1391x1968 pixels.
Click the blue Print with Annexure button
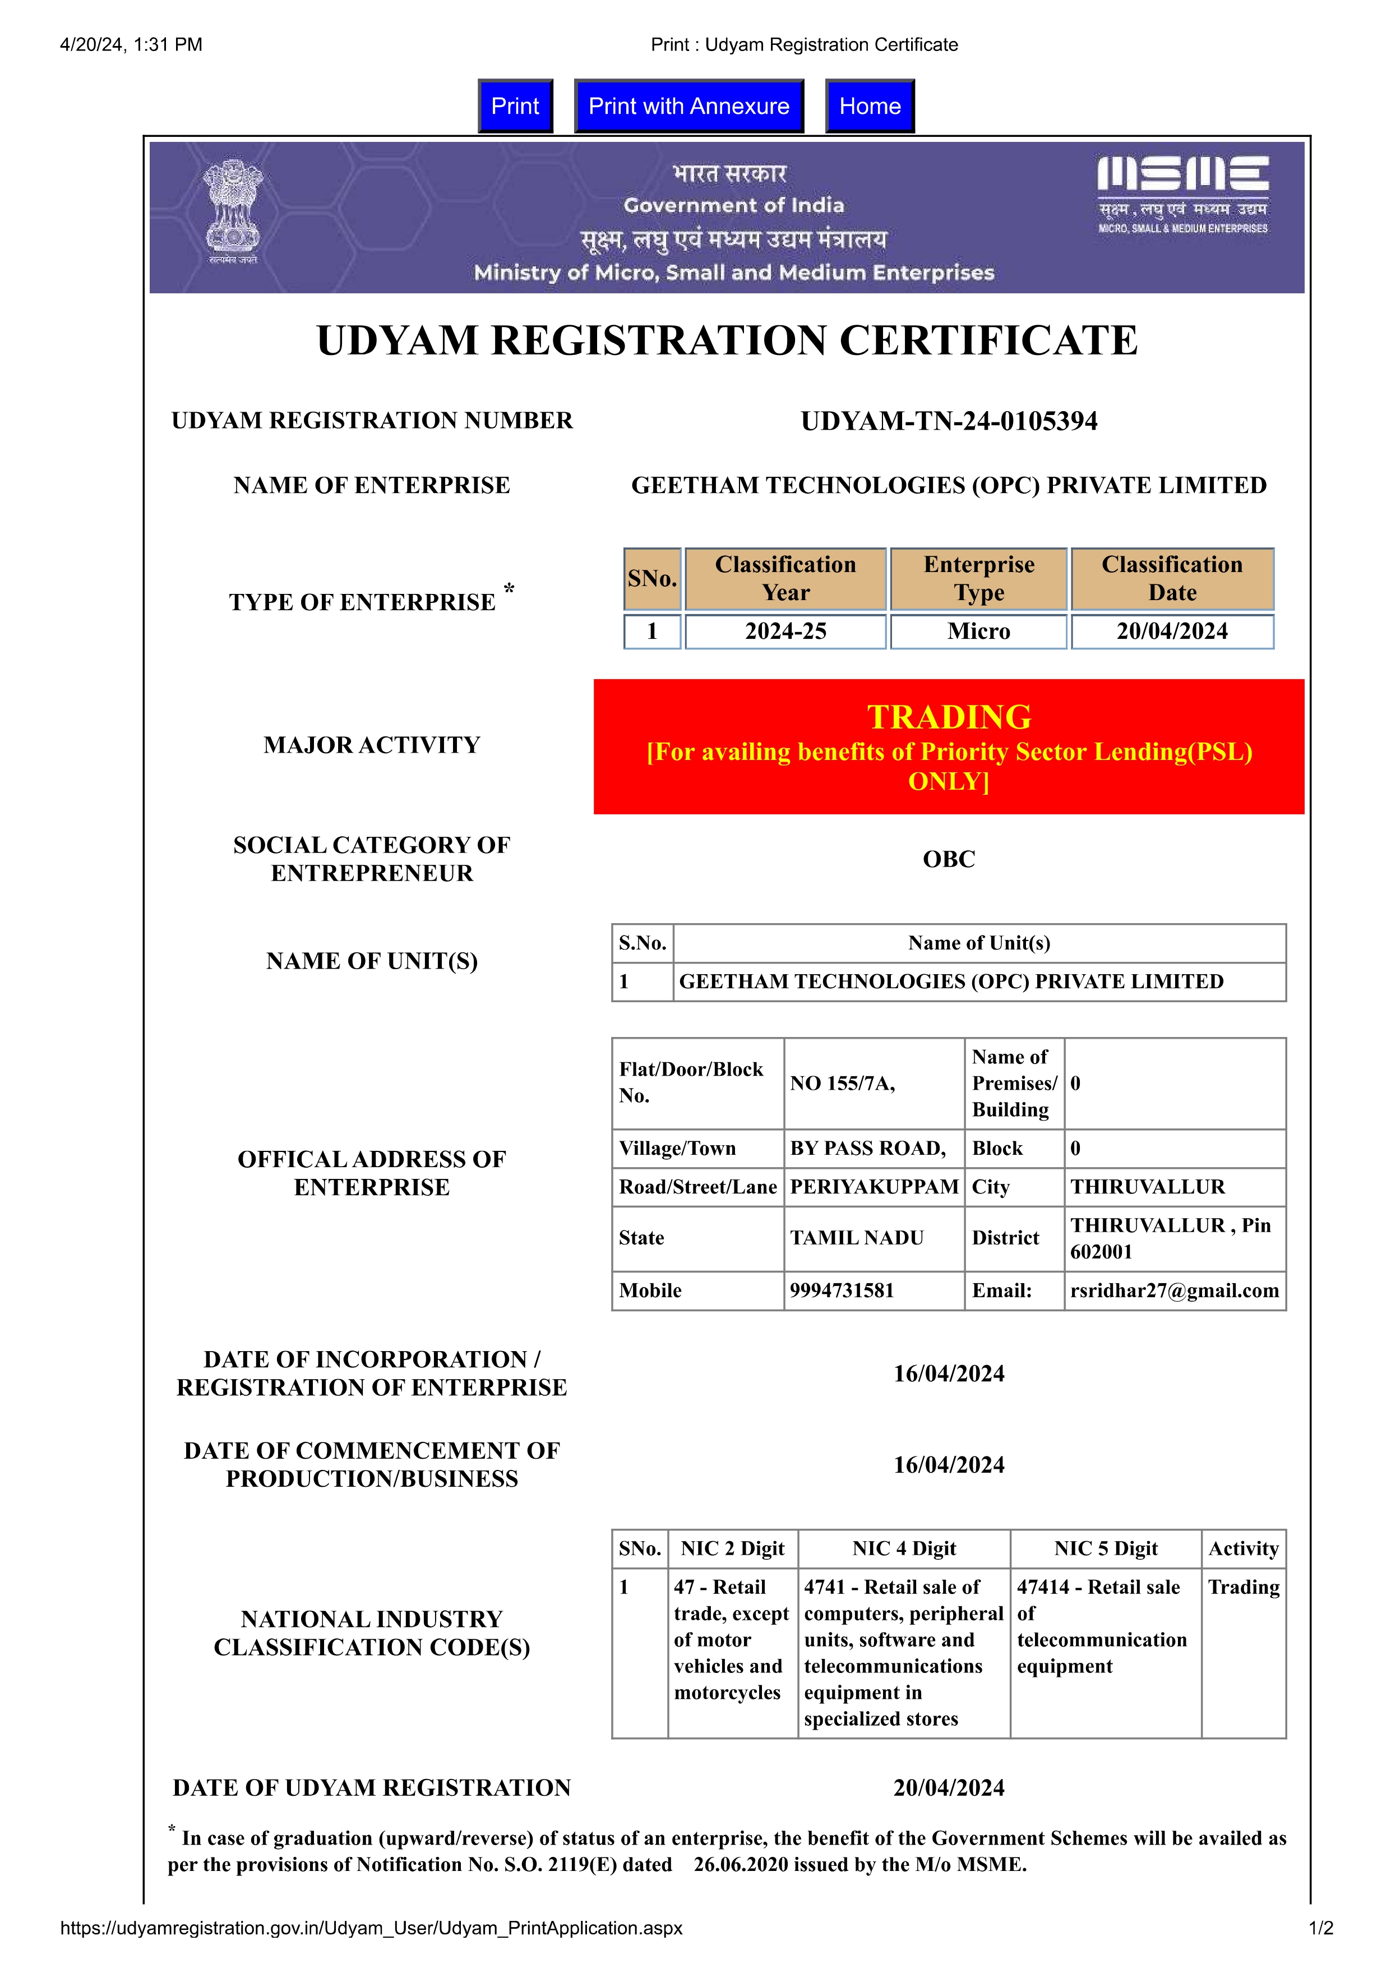688,107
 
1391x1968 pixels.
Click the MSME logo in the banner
1183,193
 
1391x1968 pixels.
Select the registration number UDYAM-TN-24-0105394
949,421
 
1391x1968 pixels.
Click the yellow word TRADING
949,717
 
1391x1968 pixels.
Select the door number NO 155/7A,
843,1084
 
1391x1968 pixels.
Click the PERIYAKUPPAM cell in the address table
874,1187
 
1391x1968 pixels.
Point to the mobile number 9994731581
842,1291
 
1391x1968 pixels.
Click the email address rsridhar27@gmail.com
1174,1291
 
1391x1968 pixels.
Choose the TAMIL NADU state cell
856,1238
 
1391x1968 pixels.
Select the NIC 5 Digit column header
1106,1549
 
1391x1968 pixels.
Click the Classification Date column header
1172,579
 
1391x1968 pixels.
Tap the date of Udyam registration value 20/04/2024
949,1788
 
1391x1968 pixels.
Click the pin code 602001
1101,1252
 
